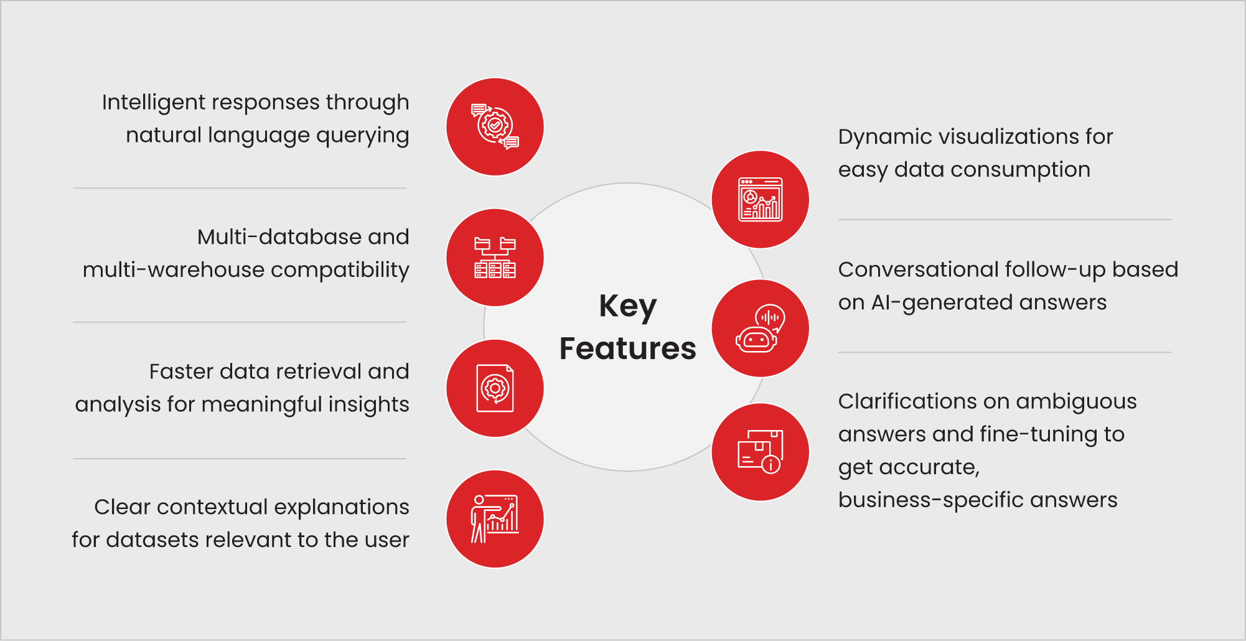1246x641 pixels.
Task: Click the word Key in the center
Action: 627,307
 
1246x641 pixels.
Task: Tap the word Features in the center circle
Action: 627,349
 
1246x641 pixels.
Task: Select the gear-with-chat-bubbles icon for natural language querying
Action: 495,127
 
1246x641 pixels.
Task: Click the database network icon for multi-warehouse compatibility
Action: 495,258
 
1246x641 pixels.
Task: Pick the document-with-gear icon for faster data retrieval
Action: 495,388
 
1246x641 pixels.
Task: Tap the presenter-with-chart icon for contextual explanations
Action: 495,519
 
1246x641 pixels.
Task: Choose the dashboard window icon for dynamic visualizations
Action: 760,200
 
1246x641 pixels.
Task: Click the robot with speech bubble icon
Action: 760,329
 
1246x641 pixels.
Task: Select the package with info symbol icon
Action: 760,452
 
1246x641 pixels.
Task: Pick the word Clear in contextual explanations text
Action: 122,507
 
